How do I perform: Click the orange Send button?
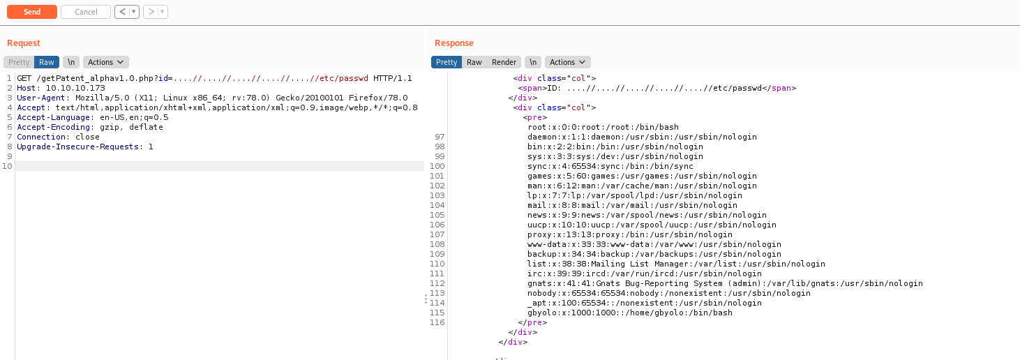(x=32, y=12)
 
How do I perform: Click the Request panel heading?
(x=24, y=43)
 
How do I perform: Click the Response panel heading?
(x=454, y=43)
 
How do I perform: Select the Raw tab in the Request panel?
(x=47, y=62)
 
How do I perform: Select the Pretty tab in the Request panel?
(x=19, y=62)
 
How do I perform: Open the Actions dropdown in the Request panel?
(x=105, y=62)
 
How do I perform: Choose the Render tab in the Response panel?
(x=504, y=62)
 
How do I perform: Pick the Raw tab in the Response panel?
(x=474, y=62)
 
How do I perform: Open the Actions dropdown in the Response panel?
(x=567, y=62)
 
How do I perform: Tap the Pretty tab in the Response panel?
(x=447, y=62)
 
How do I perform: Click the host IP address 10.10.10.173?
(x=75, y=88)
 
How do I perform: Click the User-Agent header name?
(x=41, y=98)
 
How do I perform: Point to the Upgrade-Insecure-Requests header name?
(x=77, y=147)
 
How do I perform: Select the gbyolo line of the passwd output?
(x=630, y=313)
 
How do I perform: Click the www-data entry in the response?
(x=654, y=244)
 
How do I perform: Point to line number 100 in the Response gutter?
(x=437, y=166)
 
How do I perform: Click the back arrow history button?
(x=122, y=12)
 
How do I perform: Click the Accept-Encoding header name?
(x=53, y=127)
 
